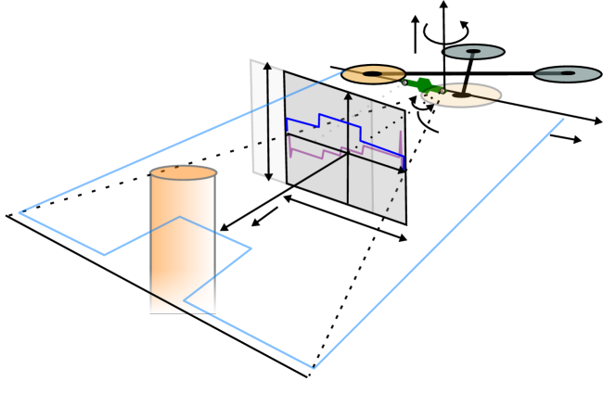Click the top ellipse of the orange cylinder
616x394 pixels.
coord(183,173)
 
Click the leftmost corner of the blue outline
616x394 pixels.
coord(19,213)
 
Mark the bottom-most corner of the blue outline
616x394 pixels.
coord(314,368)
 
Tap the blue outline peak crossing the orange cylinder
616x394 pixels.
coord(180,217)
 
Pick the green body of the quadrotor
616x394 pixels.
coord(423,85)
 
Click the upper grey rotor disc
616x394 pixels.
coord(473,52)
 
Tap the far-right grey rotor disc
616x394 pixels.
coord(568,74)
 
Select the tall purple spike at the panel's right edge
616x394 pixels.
coord(401,144)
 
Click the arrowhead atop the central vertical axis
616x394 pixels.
coord(348,95)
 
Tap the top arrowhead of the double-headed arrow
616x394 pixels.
coord(267,67)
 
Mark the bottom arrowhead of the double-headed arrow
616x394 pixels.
coord(267,176)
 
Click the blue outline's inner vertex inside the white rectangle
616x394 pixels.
coord(185,300)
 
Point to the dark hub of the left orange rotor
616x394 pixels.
coord(372,73)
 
